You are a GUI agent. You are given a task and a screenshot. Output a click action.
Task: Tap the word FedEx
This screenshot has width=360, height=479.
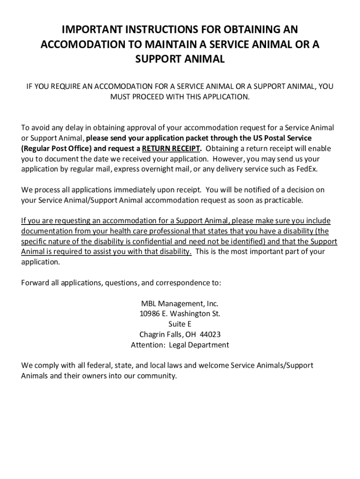click(x=307, y=169)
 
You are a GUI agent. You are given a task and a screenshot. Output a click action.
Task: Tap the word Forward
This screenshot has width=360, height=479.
click(x=36, y=283)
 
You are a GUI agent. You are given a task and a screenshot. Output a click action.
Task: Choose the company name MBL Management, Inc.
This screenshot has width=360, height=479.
click(x=180, y=304)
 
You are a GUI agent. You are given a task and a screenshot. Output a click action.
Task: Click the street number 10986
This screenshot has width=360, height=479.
click(x=150, y=314)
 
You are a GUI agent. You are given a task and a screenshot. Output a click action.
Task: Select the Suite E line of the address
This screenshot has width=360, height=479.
click(x=180, y=324)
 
